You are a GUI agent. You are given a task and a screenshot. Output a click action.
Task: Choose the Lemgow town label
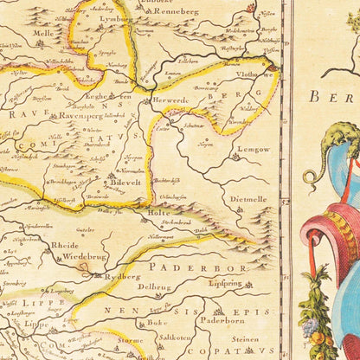click(x=254, y=149)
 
